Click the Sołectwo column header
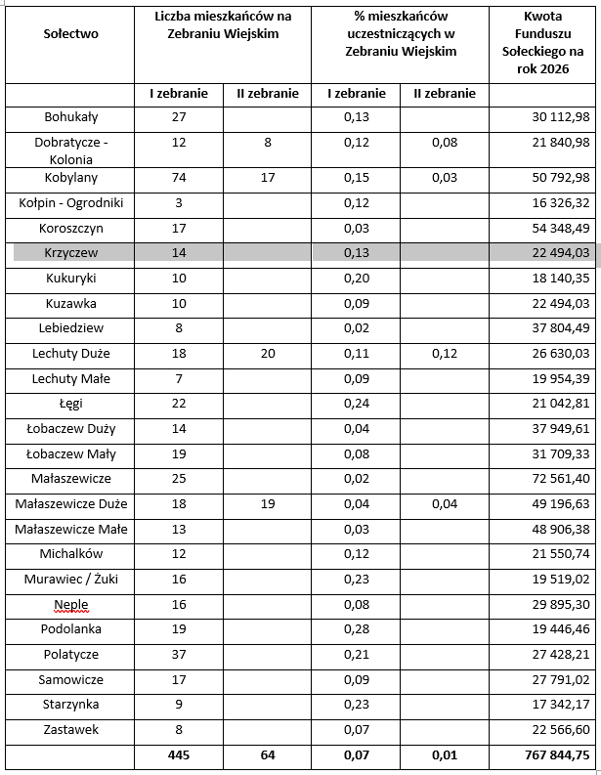point(70,33)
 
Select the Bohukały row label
point(70,117)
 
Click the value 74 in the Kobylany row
point(178,178)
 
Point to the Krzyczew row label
point(70,252)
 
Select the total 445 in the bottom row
point(178,755)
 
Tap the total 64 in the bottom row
point(268,755)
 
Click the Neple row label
point(71,604)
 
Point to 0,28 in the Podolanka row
point(356,629)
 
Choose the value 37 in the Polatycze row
point(178,655)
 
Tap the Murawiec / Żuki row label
point(70,579)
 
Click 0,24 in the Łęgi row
point(356,404)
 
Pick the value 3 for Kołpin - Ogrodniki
point(178,202)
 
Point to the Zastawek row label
point(70,730)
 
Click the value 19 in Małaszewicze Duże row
point(268,504)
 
